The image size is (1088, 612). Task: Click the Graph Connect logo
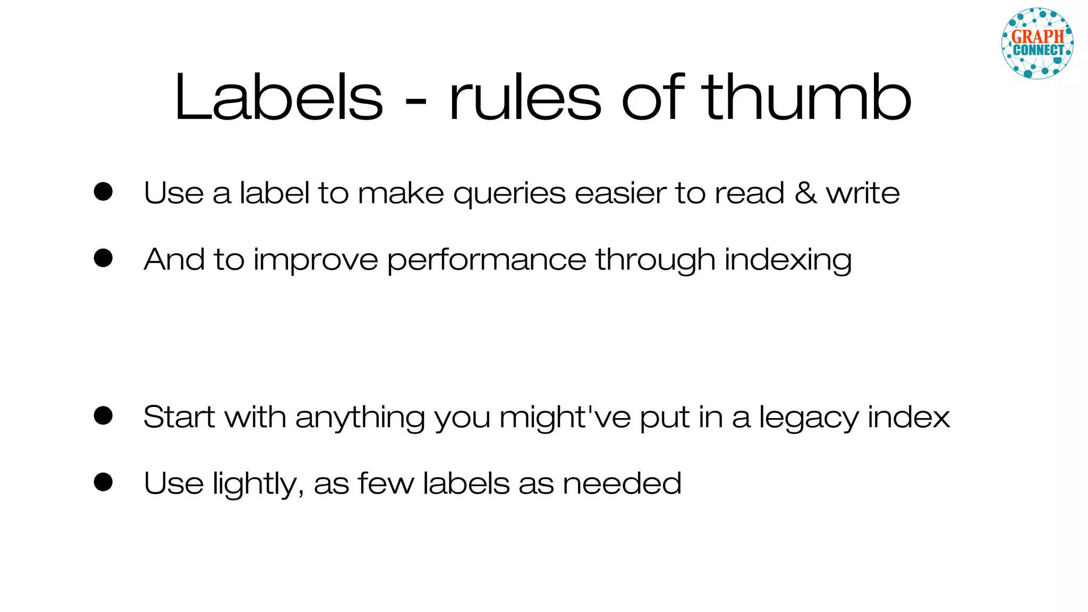coord(1037,44)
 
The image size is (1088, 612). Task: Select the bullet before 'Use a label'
coord(103,192)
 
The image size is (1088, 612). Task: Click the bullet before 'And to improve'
coord(103,258)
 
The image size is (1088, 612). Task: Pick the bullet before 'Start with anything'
coord(103,415)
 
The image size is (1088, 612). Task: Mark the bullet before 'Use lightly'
coord(103,482)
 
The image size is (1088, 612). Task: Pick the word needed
coord(622,483)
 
